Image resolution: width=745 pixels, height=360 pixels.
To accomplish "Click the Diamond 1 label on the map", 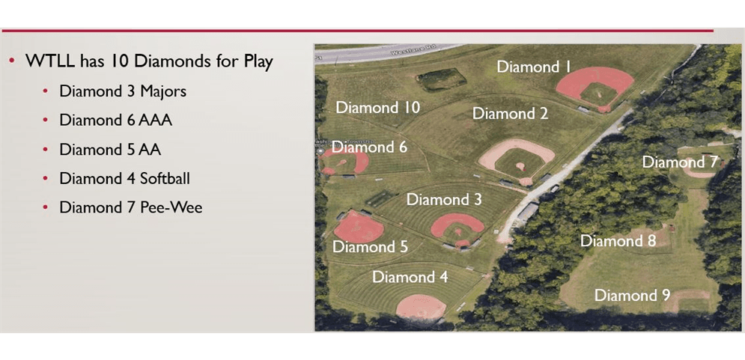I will pos(534,67).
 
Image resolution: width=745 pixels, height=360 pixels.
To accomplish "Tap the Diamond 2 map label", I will pos(510,114).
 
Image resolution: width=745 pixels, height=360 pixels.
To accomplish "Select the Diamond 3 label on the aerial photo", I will pos(444,200).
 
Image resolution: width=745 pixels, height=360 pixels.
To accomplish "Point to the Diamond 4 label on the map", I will pos(410,277).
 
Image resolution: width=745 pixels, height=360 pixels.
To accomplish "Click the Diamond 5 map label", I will pos(370,247).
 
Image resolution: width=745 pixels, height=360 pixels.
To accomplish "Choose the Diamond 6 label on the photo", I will pos(369,147).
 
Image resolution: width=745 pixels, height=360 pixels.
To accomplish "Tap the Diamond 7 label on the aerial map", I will pos(680,162).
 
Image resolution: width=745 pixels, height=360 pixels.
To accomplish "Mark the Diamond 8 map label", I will pos(618,241).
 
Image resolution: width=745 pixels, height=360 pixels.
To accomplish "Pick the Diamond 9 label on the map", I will pos(632,296).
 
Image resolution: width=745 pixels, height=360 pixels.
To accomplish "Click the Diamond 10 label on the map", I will pos(377,107).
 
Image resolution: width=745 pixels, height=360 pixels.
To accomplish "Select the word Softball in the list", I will pos(162,178).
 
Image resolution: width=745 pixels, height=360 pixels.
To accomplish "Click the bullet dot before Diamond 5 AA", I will pos(45,149).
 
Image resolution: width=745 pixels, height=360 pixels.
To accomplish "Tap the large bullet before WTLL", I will pos(13,61).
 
